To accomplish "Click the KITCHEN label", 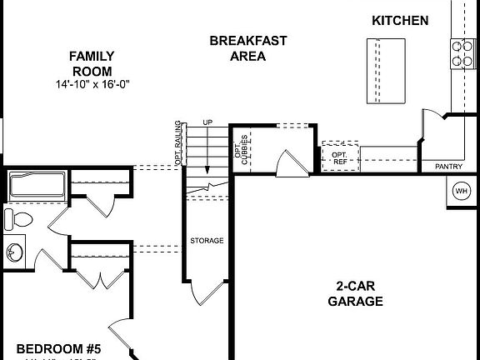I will pos(400,20).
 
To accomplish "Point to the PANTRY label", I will pos(448,167).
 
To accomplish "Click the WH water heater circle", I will pos(461,191).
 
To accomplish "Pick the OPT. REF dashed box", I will pos(340,157).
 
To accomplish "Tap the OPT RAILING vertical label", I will pos(177,143).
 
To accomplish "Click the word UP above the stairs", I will pos(207,123).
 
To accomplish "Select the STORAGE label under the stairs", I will pos(207,240).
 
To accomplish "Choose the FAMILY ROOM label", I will pos(92,63).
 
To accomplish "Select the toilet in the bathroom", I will pos(18,219).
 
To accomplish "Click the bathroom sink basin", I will pos(14,251).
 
